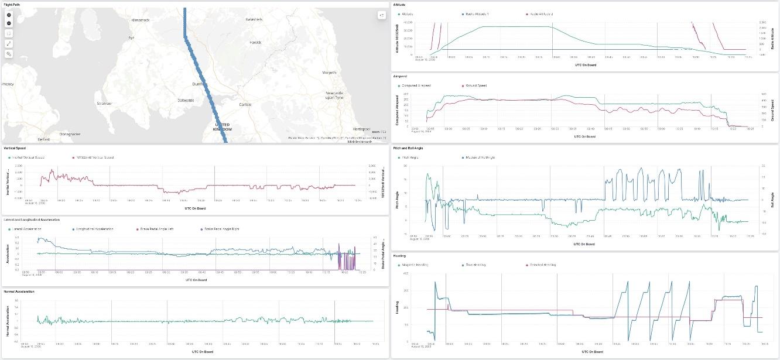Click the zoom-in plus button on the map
tap(9, 15)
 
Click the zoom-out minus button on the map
tap(9, 23)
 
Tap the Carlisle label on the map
tap(245, 104)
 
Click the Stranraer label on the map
tap(104, 103)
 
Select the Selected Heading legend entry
tap(542, 265)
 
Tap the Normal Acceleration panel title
tap(19, 291)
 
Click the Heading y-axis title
tap(397, 307)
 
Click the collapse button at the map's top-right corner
tap(382, 15)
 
